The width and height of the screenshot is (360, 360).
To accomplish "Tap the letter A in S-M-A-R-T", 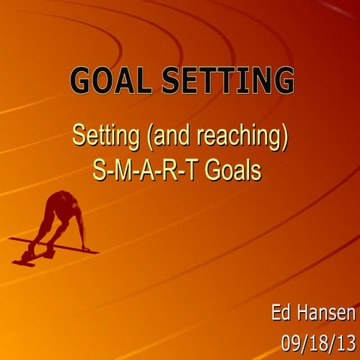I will [147, 169].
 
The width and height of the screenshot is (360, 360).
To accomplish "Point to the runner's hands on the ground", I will [87, 247].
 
